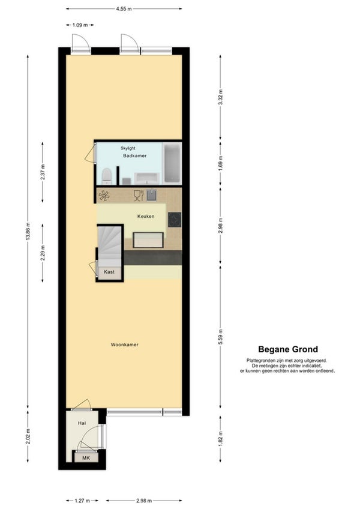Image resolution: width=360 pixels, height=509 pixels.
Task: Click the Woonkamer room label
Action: click(124, 345)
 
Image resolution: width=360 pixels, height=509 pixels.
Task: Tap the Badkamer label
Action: click(135, 155)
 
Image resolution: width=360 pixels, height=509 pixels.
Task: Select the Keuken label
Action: click(146, 216)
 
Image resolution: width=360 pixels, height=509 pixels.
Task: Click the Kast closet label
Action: click(109, 272)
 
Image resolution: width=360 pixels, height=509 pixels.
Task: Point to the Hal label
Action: click(82, 423)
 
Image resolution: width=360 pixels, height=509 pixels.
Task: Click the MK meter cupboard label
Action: click(86, 458)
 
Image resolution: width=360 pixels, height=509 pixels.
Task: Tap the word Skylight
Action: click(128, 148)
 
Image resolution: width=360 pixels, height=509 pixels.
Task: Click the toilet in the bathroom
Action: click(107, 176)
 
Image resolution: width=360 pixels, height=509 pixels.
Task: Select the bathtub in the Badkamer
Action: click(172, 163)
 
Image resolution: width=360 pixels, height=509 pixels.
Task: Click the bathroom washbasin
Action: click(147, 178)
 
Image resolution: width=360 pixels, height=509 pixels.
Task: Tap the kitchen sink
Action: click(151, 195)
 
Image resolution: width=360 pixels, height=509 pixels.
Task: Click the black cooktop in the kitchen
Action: click(175, 220)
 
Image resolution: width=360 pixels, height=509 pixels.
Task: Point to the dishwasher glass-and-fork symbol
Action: click(139, 195)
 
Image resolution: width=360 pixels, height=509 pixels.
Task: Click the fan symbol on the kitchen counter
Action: click(104, 196)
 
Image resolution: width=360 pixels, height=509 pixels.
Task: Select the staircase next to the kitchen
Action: click(110, 245)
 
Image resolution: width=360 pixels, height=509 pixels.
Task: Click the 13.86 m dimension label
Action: click(28, 231)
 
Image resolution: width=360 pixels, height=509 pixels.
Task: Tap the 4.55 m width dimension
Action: click(124, 9)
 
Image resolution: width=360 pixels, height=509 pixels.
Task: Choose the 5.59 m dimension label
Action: click(220, 337)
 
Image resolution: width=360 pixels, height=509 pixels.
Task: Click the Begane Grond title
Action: click(288, 349)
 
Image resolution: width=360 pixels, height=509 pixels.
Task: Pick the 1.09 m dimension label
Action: click(80, 25)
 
